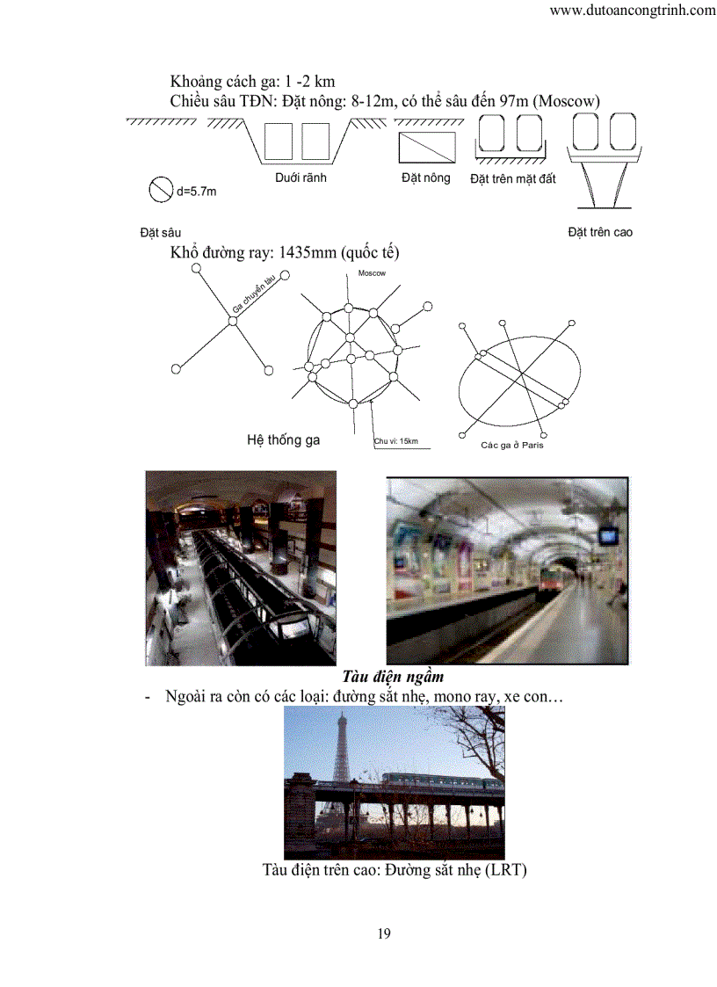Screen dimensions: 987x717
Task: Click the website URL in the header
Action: coord(632,11)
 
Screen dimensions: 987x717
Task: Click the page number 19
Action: coord(384,933)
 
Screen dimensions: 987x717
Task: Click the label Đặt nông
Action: coord(425,178)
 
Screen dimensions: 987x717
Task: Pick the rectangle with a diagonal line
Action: coord(428,147)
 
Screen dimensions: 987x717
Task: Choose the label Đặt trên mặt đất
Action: coord(513,179)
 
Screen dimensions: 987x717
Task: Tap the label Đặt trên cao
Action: coord(600,232)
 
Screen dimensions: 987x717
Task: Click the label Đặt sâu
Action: coord(160,232)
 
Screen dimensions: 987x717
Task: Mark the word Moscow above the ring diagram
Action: coord(373,274)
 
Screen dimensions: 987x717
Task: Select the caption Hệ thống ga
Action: coord(283,439)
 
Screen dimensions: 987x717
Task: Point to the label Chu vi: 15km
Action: coord(395,441)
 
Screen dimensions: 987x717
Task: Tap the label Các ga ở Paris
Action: coord(512,445)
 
